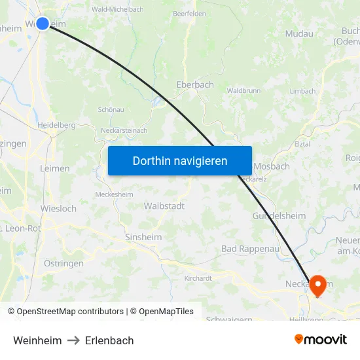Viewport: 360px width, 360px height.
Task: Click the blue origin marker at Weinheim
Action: coord(43,24)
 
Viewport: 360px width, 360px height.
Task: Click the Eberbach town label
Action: coord(195,85)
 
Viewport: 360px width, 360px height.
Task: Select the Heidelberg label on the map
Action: coord(56,125)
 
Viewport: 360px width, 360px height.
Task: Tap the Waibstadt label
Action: coord(164,206)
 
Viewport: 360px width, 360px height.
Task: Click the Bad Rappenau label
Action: coord(250,249)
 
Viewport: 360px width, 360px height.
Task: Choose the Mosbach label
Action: coord(272,166)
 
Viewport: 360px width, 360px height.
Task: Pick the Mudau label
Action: coord(299,33)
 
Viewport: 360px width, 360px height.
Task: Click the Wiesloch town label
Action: coord(58,209)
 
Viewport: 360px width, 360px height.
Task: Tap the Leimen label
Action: coord(55,168)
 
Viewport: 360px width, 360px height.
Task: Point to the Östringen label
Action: coord(63,263)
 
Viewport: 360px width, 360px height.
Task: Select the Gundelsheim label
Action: coord(279,215)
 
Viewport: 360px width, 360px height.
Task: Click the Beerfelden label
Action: coord(189,13)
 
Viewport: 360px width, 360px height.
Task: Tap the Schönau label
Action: coord(110,109)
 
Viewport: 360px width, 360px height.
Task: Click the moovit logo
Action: coord(321,339)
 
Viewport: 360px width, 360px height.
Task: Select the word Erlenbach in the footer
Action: coord(109,340)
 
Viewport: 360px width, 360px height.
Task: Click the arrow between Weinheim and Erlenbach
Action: coord(73,340)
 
